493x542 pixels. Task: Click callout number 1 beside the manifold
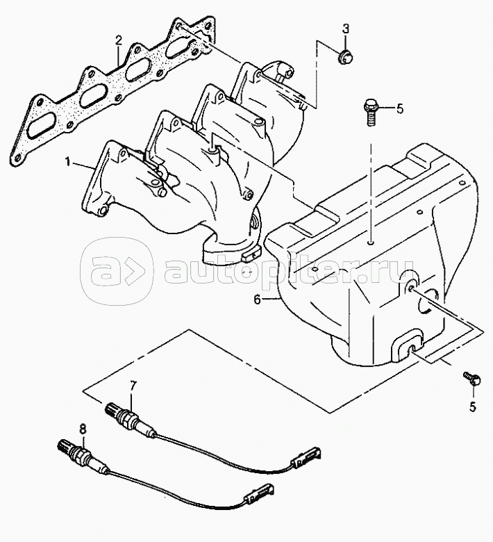pos(68,162)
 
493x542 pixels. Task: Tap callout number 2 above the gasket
pos(119,39)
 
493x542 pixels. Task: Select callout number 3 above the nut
pos(346,28)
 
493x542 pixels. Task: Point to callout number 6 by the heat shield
pos(256,300)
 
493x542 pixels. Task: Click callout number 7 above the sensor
pos(133,385)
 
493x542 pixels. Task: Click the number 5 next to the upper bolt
pos(399,108)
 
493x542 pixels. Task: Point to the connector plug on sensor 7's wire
pos(305,455)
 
